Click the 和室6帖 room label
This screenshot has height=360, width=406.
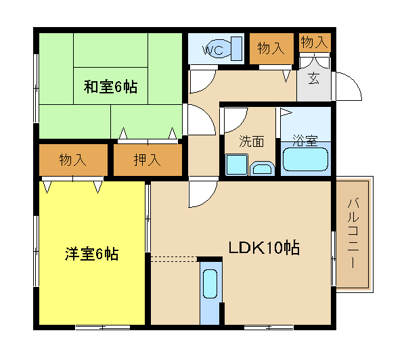tap(110, 87)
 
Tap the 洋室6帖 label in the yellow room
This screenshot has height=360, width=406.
tap(91, 254)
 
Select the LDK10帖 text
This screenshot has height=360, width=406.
tap(264, 248)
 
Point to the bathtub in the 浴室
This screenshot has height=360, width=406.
tap(306, 159)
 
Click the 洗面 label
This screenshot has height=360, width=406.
tap(251, 141)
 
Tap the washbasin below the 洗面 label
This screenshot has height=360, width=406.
tap(263, 169)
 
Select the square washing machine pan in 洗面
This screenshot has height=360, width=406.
tap(237, 164)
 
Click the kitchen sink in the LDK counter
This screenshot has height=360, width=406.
tap(210, 284)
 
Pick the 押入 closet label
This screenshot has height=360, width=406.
tap(148, 160)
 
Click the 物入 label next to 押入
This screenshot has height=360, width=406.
tap(73, 160)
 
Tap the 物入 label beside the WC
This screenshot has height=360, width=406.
tap(271, 48)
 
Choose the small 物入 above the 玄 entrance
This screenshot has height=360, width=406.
tap(315, 42)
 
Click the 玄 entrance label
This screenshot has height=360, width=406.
tap(314, 78)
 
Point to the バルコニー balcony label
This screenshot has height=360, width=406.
tap(353, 233)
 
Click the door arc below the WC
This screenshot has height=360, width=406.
tap(208, 85)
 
